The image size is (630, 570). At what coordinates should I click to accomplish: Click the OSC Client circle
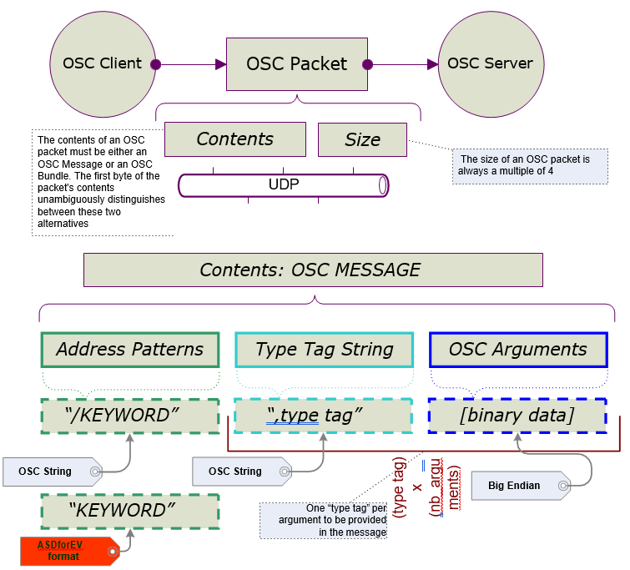pyautogui.click(x=103, y=63)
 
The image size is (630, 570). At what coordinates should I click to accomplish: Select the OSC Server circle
pyautogui.click(x=490, y=63)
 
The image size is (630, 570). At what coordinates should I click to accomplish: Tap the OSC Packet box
pyautogui.click(x=297, y=63)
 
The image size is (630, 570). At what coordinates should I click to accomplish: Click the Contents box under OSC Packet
pyautogui.click(x=234, y=139)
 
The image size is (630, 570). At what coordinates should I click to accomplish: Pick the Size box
pyautogui.click(x=362, y=139)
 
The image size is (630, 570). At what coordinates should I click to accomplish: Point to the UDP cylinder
pyautogui.click(x=284, y=184)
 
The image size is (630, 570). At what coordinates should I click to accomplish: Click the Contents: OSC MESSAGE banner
pyautogui.click(x=313, y=270)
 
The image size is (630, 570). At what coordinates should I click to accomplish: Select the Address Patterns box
pyautogui.click(x=129, y=350)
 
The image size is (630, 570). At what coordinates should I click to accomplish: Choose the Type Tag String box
pyautogui.click(x=324, y=350)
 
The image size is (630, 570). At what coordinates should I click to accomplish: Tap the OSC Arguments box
pyautogui.click(x=517, y=350)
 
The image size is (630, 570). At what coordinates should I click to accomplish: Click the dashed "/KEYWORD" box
pyautogui.click(x=129, y=415)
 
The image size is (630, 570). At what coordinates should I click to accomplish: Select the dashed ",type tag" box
pyautogui.click(x=324, y=415)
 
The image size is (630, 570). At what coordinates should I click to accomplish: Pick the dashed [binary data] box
pyautogui.click(x=517, y=415)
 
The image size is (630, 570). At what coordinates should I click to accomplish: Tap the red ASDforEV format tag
pyautogui.click(x=67, y=551)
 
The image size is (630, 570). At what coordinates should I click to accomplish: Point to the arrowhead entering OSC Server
pyautogui.click(x=432, y=64)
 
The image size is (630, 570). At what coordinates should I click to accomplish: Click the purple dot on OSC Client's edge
pyautogui.click(x=155, y=64)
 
